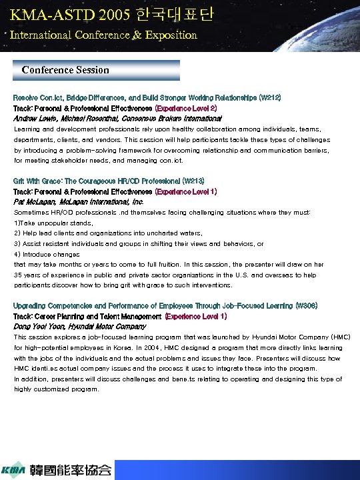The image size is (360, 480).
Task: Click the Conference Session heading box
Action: pyautogui.click(x=97, y=70)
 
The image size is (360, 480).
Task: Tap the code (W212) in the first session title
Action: pyautogui.click(x=269, y=97)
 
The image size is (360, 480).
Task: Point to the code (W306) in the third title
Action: pyautogui.click(x=305, y=305)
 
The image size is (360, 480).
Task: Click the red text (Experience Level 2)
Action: pyautogui.click(x=187, y=107)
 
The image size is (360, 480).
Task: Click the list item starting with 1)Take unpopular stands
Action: pyautogui.click(x=53, y=222)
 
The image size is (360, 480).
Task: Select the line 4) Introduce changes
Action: pyautogui.click(x=46, y=253)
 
